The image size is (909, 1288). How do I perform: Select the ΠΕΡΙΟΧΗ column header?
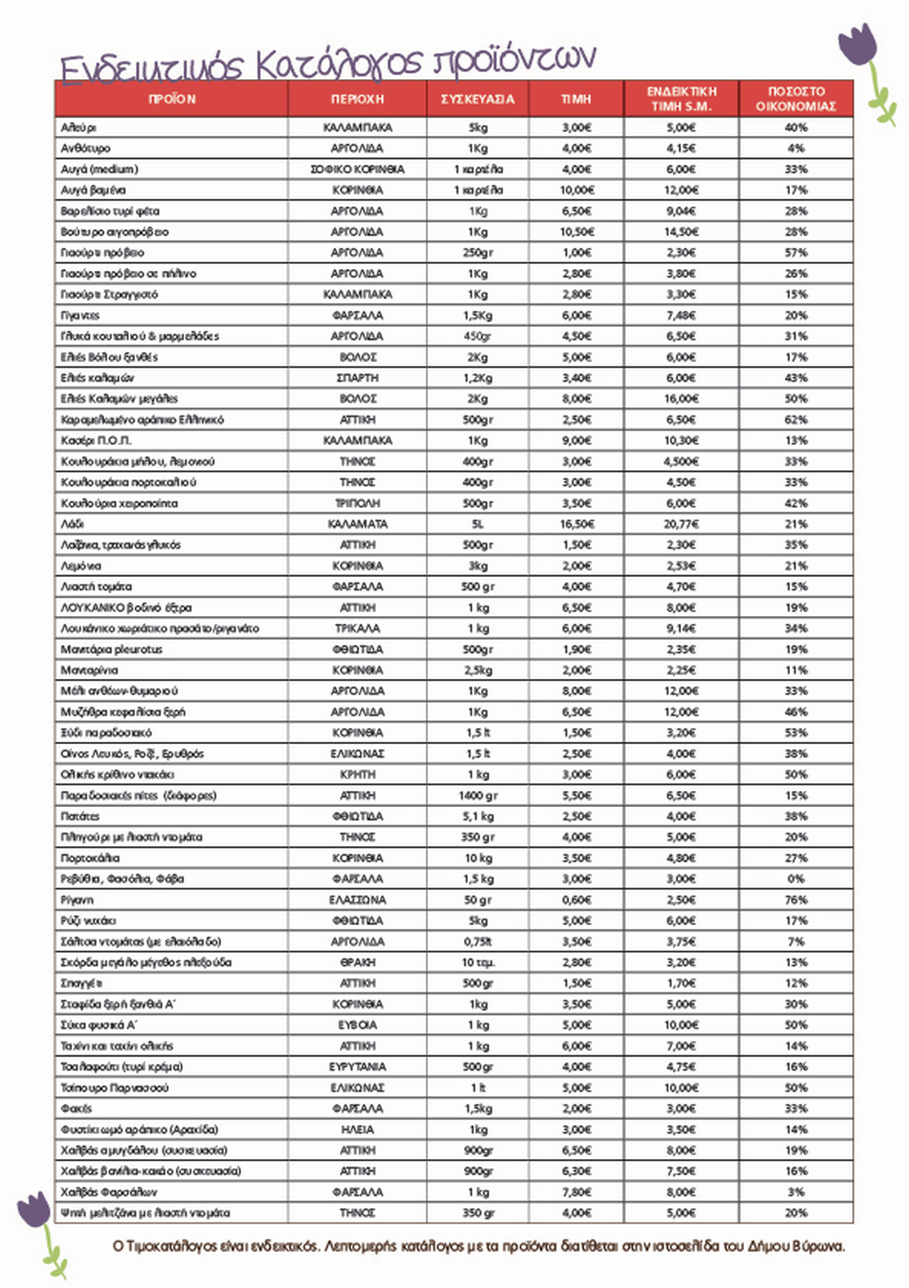[357, 99]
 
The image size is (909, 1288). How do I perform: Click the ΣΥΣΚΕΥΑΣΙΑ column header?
[478, 99]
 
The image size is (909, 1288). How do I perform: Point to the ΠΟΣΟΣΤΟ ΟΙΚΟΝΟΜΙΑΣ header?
[795, 99]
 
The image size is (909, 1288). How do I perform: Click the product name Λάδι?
[72, 525]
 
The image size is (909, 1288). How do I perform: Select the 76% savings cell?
[795, 900]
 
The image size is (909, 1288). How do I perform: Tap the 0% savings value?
[795, 879]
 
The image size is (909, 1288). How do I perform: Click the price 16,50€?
[576, 525]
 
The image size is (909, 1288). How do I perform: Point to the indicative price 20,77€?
[681, 525]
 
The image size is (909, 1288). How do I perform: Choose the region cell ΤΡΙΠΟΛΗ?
[357, 503]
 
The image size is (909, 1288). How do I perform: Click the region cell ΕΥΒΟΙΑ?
[357, 1025]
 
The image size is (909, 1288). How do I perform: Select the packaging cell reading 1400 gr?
[478, 795]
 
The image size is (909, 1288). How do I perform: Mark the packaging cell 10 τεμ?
[478, 962]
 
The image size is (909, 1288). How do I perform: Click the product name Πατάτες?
[80, 817]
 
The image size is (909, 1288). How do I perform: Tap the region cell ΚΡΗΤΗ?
[357, 775]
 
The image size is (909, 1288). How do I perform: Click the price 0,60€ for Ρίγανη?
[576, 900]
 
